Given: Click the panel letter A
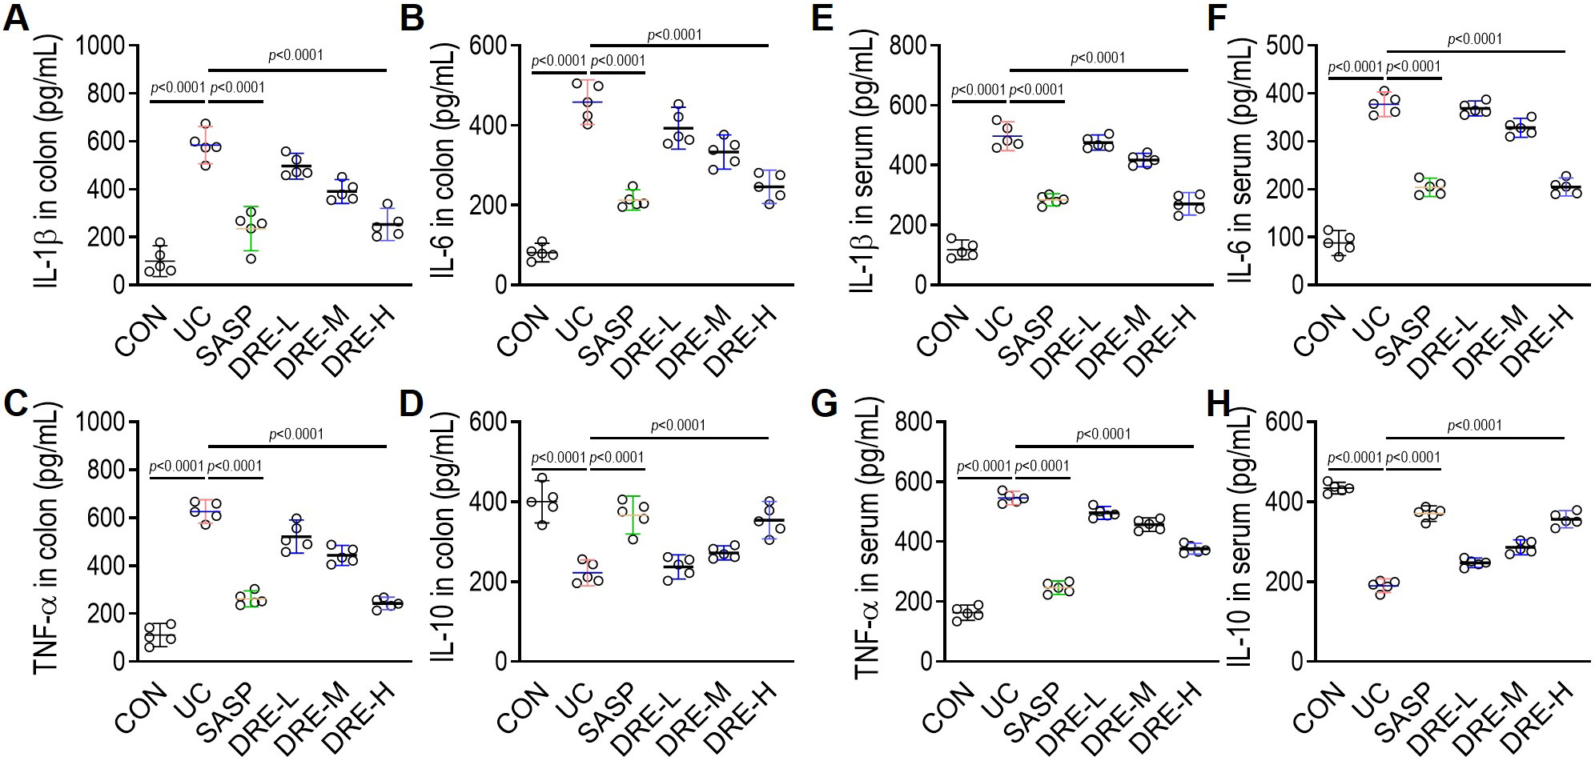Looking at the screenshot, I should pyautogui.click(x=18, y=18).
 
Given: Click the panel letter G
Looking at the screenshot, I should pyautogui.click(x=825, y=404).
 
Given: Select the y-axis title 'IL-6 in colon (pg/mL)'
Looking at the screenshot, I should pyautogui.click(x=442, y=160).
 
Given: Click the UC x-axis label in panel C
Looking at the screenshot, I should pyautogui.click(x=193, y=698).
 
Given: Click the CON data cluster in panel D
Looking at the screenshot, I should pyautogui.click(x=543, y=502).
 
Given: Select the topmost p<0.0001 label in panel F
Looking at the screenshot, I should pyautogui.click(x=1475, y=38).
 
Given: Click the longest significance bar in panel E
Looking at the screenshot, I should pyautogui.click(x=1099, y=71).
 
